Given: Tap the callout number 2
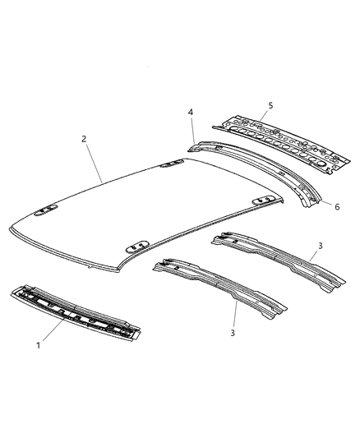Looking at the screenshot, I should (x=85, y=139).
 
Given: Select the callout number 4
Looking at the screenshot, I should (x=190, y=113).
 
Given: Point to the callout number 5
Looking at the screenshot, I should (x=268, y=105).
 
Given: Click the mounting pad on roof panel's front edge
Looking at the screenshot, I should (x=136, y=245).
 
